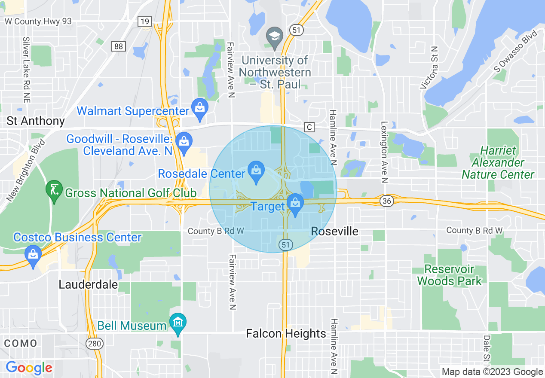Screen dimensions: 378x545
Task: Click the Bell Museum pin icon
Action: (178, 323)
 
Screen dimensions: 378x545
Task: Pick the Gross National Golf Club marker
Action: (55, 191)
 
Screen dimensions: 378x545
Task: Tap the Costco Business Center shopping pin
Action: (34, 255)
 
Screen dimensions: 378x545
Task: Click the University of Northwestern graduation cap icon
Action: (274, 37)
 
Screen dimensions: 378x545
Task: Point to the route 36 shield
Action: (385, 201)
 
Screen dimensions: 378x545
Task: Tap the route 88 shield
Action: (117, 46)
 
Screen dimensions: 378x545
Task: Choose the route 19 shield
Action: (144, 21)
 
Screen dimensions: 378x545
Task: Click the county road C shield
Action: (309, 127)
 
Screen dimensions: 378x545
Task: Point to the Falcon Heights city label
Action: (286, 333)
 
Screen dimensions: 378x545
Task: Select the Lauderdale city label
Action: (88, 284)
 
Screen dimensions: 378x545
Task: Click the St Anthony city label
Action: (36, 121)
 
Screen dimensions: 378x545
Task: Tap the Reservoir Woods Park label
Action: (449, 275)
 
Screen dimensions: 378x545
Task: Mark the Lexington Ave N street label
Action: (385, 152)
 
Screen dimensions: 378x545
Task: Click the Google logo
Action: (29, 368)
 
